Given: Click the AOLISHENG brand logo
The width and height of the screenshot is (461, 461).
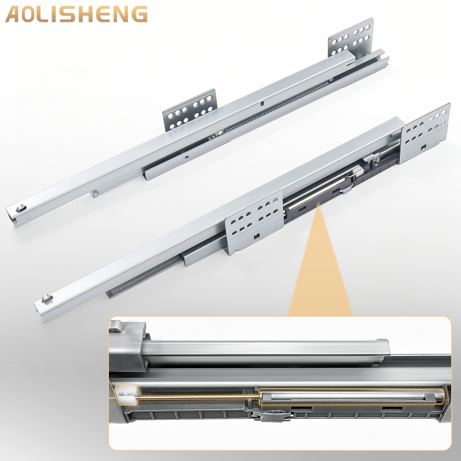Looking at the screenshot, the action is [76, 14].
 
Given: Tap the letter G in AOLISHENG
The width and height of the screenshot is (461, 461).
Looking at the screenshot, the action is [139, 14].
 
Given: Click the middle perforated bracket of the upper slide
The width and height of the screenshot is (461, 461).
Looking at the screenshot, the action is [190, 110].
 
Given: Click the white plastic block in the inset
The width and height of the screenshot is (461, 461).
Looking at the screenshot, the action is [127, 395].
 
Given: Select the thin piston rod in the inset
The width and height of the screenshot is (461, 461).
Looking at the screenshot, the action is [199, 397].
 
